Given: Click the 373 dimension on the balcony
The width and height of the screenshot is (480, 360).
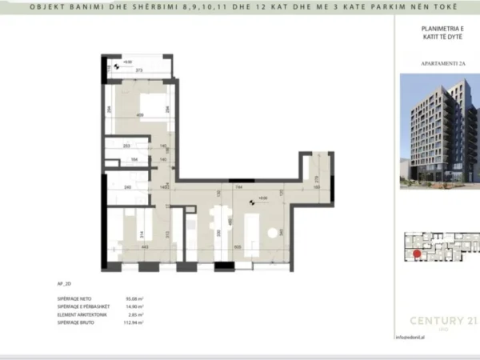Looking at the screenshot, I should (138, 71).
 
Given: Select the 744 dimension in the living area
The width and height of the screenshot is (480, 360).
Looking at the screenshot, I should (240, 187).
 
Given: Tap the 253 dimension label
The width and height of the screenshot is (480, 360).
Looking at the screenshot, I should (127, 146).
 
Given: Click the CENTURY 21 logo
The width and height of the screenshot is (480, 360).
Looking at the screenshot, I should (438, 322).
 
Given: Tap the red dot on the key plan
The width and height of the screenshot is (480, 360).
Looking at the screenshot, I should (416, 254).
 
